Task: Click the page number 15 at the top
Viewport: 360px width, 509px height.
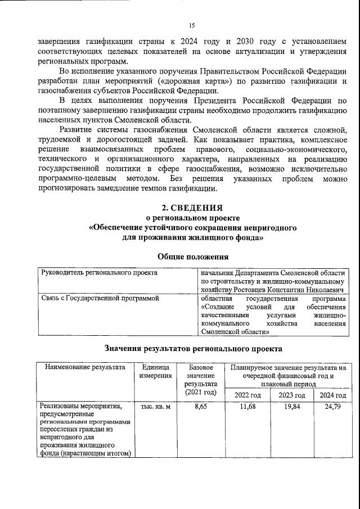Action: pos(191,25)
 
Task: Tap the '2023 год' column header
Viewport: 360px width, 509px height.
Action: pos(291,394)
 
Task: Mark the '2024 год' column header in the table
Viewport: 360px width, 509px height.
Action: pos(332,394)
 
